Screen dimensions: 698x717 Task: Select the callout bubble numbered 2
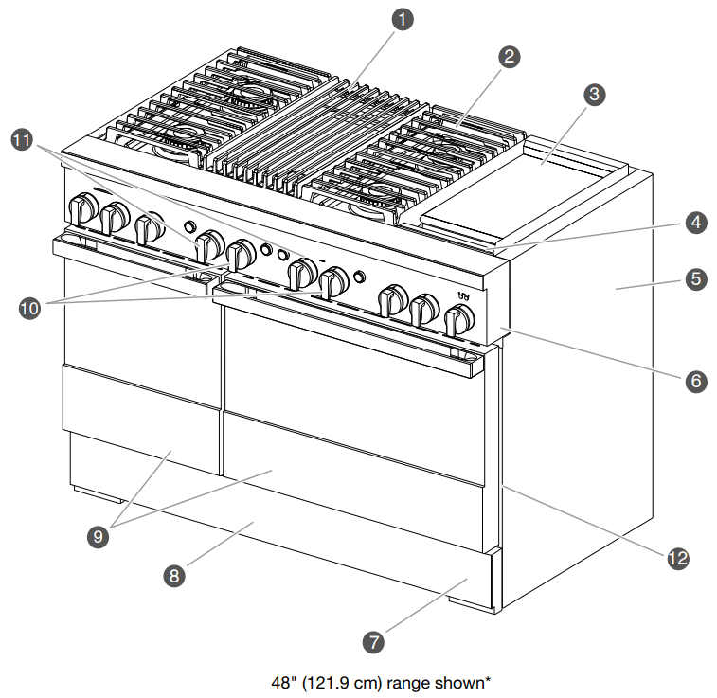pyautogui.click(x=509, y=57)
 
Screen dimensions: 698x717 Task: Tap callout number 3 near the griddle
pyautogui.click(x=594, y=94)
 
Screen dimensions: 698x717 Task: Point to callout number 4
pyautogui.click(x=695, y=223)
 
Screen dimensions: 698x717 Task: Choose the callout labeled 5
pyautogui.click(x=695, y=279)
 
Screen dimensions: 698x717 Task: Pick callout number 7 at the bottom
pyautogui.click(x=374, y=641)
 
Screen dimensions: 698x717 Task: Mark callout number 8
pyautogui.click(x=173, y=573)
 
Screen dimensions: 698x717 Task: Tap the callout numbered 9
pyautogui.click(x=96, y=536)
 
